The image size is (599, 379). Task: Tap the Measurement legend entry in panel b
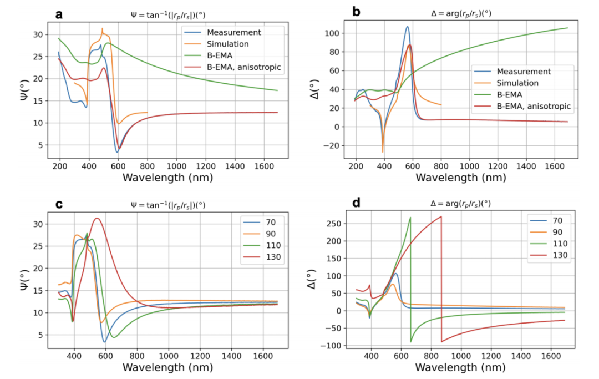click(524, 72)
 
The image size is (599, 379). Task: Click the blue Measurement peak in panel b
click(408, 27)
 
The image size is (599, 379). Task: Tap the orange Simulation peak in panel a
click(102, 28)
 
